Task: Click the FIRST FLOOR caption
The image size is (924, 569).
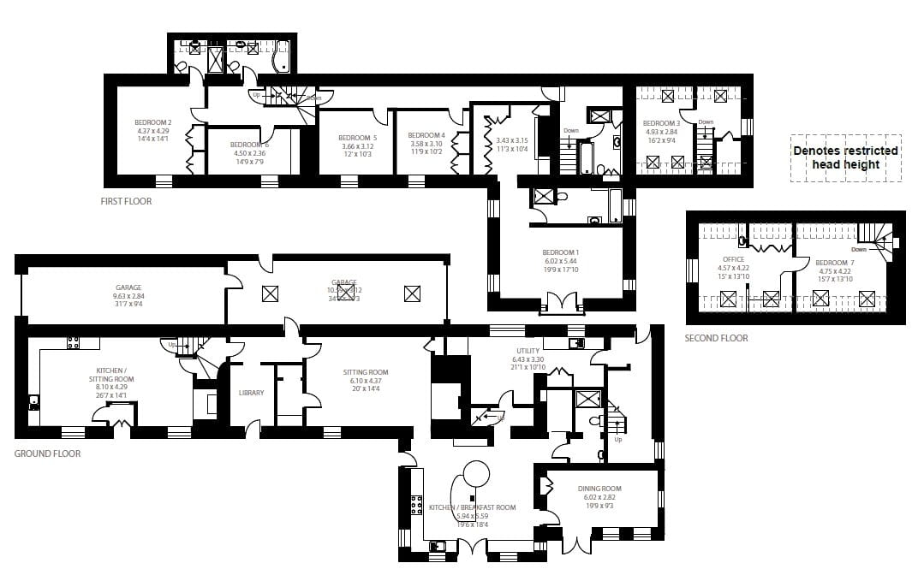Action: coord(126,202)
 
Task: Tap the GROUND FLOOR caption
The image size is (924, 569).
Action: coord(48,453)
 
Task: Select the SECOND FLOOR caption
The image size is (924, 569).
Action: coord(716,338)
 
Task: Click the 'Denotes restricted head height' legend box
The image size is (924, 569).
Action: coord(844,157)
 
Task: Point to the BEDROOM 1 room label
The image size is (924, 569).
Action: coord(561,252)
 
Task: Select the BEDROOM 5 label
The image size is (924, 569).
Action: coord(357,138)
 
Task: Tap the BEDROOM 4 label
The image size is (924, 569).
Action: coord(426,136)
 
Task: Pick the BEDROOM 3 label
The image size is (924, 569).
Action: coord(661,123)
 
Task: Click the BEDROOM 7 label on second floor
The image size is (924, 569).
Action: coord(834,263)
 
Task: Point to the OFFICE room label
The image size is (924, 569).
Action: coord(733,259)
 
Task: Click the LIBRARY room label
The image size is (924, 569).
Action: coord(252,393)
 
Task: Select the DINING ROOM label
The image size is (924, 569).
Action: coord(599,489)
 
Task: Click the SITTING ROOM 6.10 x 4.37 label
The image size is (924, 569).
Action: coord(366,381)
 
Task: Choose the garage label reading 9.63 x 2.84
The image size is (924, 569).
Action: coord(128,296)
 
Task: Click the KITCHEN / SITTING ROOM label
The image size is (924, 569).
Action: coord(111,378)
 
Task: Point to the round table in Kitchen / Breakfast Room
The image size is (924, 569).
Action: coord(475,475)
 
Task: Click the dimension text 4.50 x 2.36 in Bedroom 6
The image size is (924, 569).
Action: coord(249,154)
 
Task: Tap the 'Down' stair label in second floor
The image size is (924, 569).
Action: coord(859,250)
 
